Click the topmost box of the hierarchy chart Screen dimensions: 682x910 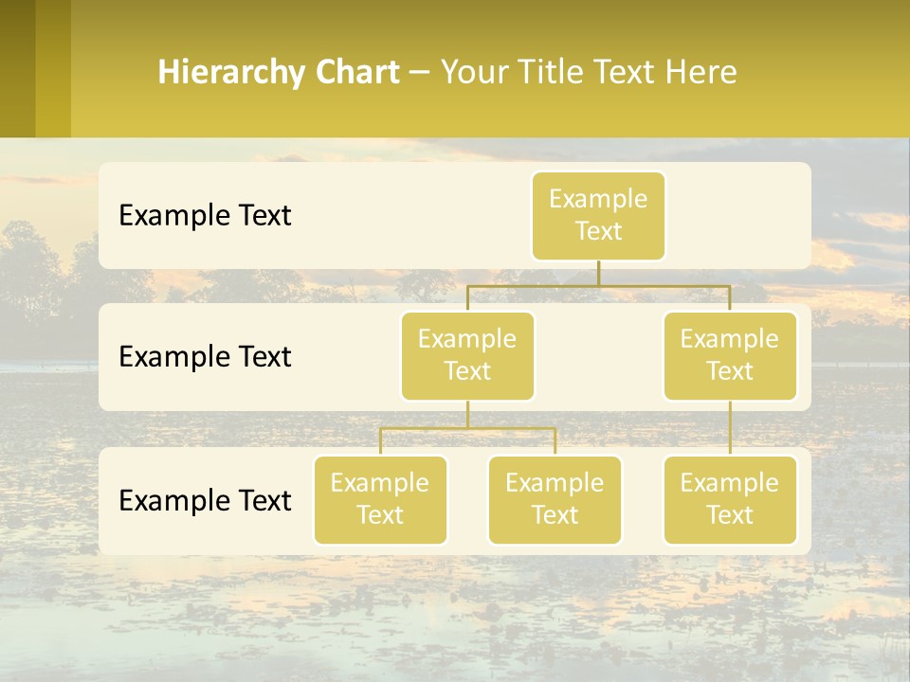point(598,215)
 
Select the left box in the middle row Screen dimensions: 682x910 point(467,355)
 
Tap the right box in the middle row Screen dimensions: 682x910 point(730,355)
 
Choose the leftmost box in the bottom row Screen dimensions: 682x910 point(380,499)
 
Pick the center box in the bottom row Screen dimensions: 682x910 point(555,499)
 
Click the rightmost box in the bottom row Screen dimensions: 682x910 point(730,499)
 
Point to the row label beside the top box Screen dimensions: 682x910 point(205,216)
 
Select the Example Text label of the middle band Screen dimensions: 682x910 point(205,357)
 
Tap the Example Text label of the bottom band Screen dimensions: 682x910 point(205,501)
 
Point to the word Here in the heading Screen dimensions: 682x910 point(701,73)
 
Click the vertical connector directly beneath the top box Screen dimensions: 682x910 point(598,273)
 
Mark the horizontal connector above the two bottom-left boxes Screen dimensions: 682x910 point(467,428)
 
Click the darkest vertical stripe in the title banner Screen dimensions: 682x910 point(17,68)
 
